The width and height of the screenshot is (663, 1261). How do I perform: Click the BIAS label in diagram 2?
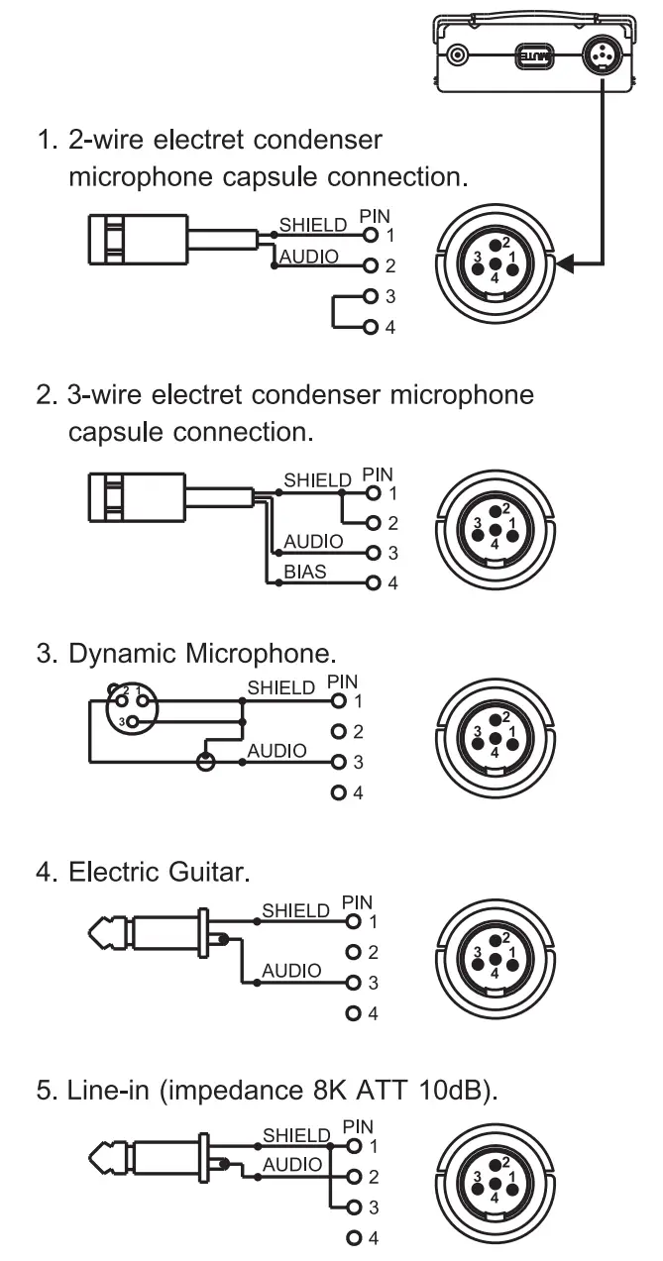[x=305, y=573]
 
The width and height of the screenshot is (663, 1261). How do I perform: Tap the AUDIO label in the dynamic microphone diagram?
[x=276, y=752]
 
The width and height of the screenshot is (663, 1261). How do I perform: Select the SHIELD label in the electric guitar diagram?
[x=294, y=909]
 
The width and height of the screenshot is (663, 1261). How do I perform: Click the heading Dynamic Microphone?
[x=203, y=655]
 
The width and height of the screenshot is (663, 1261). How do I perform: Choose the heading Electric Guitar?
[x=160, y=873]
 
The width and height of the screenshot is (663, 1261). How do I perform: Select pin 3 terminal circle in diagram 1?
[x=370, y=296]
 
